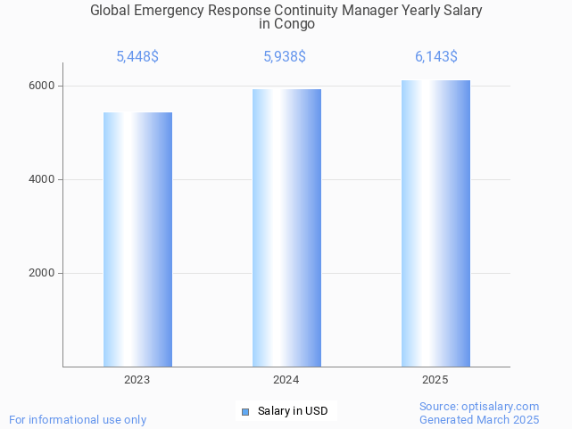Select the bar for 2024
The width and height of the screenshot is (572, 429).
pyautogui.click(x=286, y=227)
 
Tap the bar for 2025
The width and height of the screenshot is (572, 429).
pyautogui.click(x=435, y=223)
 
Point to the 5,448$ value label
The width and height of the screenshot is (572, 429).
pyautogui.click(x=137, y=57)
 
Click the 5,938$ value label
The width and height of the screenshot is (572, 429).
pyautogui.click(x=285, y=57)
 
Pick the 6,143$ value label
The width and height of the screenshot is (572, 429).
pyautogui.click(x=436, y=57)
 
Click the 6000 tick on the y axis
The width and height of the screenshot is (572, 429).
pyautogui.click(x=41, y=86)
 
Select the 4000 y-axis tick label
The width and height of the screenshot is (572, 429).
pyautogui.click(x=41, y=179)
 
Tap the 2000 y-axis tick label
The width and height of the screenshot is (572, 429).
pyautogui.click(x=41, y=273)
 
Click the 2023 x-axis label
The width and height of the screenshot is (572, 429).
pyautogui.click(x=137, y=380)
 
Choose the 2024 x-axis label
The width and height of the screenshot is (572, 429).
pyautogui.click(x=286, y=380)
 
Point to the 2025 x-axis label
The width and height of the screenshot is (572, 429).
pyautogui.click(x=435, y=380)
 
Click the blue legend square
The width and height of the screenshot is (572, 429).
pyautogui.click(x=245, y=411)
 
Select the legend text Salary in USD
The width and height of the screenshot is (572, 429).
pyautogui.click(x=293, y=411)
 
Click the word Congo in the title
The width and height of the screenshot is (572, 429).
pyautogui.click(x=294, y=24)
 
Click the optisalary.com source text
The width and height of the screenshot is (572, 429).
pyautogui.click(x=479, y=407)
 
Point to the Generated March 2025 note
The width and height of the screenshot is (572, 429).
pyautogui.click(x=479, y=420)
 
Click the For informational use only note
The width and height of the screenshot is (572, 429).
pyautogui.click(x=78, y=420)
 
